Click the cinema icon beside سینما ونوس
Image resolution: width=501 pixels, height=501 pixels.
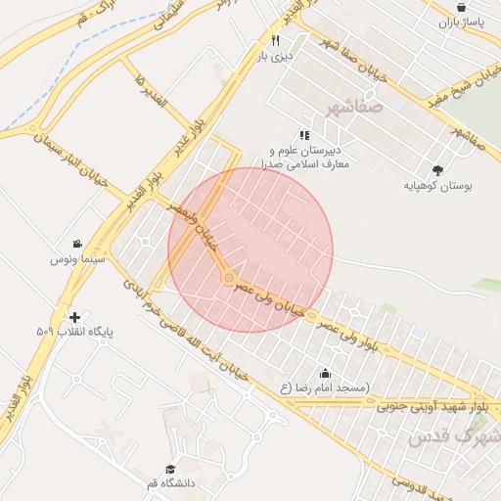(76, 244)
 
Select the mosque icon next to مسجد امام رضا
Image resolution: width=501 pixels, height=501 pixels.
(325, 373)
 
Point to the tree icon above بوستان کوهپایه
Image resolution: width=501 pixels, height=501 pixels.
(435, 169)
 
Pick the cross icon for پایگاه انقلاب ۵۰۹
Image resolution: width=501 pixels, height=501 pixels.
(74, 317)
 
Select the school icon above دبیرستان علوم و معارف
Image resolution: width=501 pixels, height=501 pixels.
(304, 135)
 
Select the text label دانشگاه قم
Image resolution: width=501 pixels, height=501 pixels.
(171, 483)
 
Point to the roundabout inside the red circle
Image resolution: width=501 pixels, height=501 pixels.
(229, 279)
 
